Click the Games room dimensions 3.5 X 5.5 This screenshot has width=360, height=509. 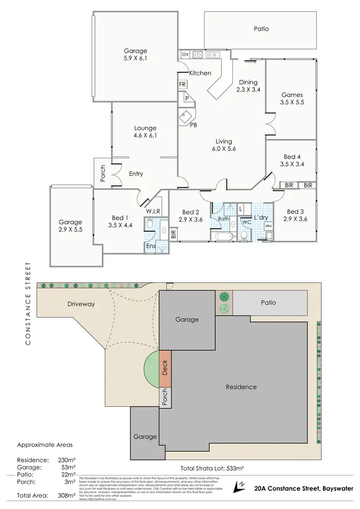click(x=292, y=102)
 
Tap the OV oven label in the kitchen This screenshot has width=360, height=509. click(x=185, y=55)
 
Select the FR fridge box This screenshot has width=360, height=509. click(x=182, y=84)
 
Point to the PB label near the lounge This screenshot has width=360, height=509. click(x=193, y=125)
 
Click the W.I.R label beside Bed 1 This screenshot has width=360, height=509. click(x=153, y=212)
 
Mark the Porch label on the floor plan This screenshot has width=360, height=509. click(x=102, y=174)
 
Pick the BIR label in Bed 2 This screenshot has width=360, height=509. click(x=174, y=235)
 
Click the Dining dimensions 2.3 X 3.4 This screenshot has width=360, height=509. click(x=248, y=89)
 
